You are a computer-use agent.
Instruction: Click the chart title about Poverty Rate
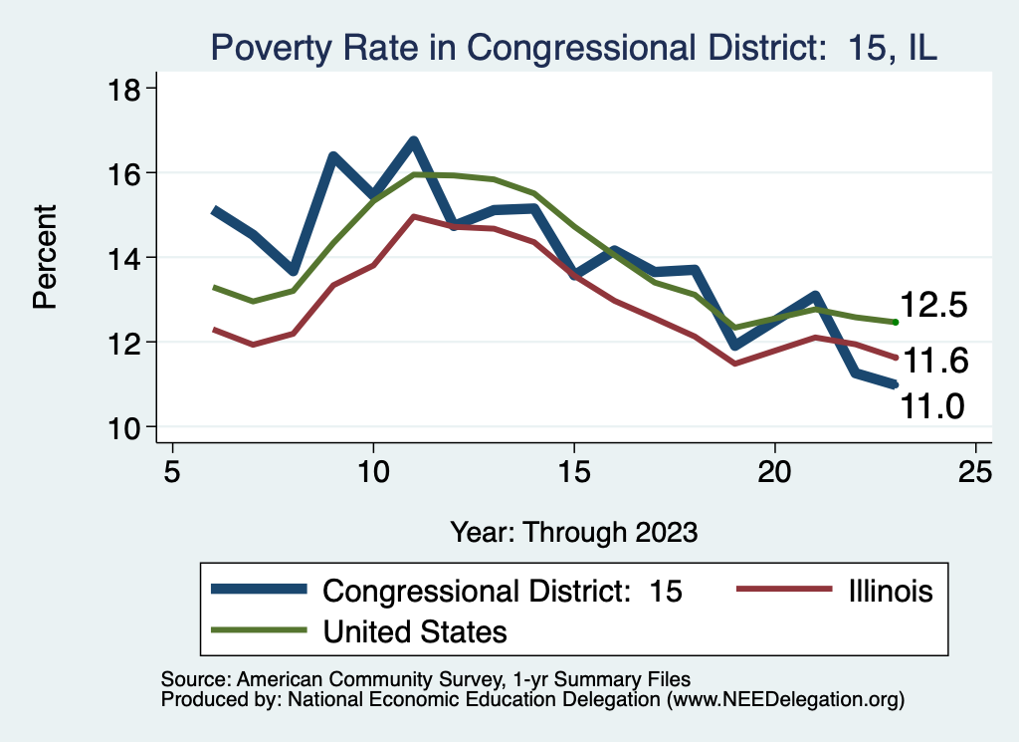(572, 47)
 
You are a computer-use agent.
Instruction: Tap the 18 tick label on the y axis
(126, 89)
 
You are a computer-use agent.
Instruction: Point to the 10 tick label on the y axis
(126, 427)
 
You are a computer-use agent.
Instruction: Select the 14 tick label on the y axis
(126, 258)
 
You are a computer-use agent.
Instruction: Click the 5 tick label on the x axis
(172, 472)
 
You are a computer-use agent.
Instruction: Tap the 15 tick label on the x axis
(573, 472)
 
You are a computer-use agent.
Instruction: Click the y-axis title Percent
(45, 257)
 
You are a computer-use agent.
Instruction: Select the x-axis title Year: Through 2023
(573, 531)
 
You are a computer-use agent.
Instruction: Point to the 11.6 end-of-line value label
(934, 362)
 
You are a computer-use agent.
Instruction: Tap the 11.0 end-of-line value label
(934, 406)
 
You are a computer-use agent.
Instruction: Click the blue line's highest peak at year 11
(413, 141)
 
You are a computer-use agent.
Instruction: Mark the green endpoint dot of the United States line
(896, 322)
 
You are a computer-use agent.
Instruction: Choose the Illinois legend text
(891, 591)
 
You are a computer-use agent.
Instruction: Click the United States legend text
(415, 630)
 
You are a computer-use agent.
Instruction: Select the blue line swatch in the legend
(259, 591)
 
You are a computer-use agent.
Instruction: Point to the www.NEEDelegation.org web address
(785, 699)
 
